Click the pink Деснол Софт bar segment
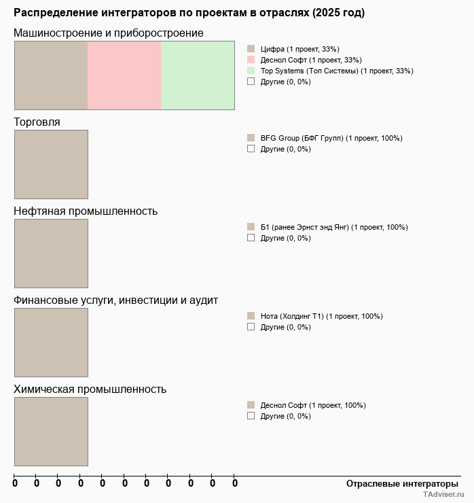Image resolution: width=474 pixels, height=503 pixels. pos(124,75)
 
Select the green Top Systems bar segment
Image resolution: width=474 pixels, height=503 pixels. pos(198,75)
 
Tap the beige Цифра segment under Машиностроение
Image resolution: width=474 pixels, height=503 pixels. pos(51,75)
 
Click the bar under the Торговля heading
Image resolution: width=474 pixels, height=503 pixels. pos(51,164)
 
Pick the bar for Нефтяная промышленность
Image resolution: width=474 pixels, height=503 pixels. pos(51,254)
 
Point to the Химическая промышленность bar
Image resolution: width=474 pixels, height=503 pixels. pos(51,432)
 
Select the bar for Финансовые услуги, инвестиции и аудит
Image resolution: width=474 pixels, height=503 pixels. pos(51,343)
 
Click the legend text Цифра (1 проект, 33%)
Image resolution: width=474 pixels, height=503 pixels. pos(299,49)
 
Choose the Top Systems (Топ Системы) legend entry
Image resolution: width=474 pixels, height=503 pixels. pos(336,71)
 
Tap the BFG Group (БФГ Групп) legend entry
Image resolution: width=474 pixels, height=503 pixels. pos(331,138)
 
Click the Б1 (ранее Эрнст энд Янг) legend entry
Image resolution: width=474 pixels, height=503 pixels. pos(333,227)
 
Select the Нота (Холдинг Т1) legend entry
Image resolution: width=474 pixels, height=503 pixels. pos(321,316)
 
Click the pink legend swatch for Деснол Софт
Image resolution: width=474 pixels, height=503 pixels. pos(251,60)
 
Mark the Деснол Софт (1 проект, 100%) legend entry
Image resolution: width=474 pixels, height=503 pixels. pos(313,405)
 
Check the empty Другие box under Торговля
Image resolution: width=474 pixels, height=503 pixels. pos(251,149)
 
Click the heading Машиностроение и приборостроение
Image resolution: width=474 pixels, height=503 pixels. pos(109,33)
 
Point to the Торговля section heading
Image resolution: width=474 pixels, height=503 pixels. pos(37,122)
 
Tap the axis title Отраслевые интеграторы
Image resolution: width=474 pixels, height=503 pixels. pos(398,484)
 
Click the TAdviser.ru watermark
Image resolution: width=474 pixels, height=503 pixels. pos(443,496)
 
